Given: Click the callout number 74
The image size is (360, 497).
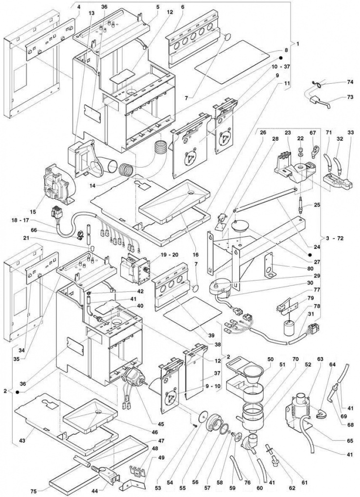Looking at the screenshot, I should (337, 83).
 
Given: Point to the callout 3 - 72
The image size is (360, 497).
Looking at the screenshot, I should (334, 238).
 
